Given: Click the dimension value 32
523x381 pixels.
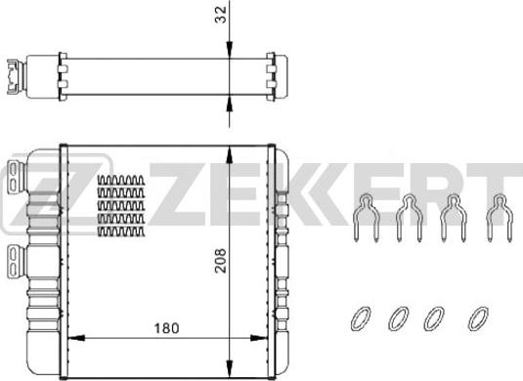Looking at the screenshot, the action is coord(221,15).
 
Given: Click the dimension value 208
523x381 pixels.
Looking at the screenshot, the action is coord(221,261).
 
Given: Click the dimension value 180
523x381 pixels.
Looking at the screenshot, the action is coord(166,328).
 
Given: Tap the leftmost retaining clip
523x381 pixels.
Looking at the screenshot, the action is coord(367,217).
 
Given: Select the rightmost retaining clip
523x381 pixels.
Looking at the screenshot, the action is coord(500,217).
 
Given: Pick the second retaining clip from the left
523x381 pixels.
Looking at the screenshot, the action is coord(410,217).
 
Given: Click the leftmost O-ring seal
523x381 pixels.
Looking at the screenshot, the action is coord(361,318).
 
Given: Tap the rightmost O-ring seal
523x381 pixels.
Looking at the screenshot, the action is coord(478,318).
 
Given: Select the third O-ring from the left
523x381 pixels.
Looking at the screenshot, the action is coord(434,318).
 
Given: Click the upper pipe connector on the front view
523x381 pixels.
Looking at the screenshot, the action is coord(15,177).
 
